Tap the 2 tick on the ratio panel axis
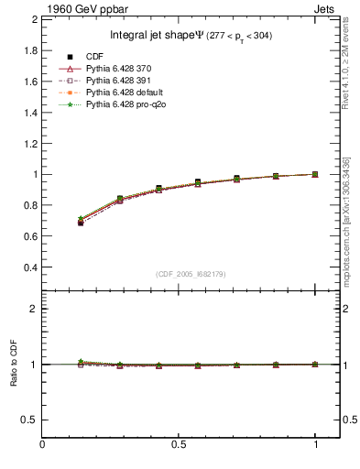[33, 309]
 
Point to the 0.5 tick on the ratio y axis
[28, 420]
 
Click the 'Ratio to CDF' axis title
[12, 365]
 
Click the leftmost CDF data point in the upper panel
[81, 223]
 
